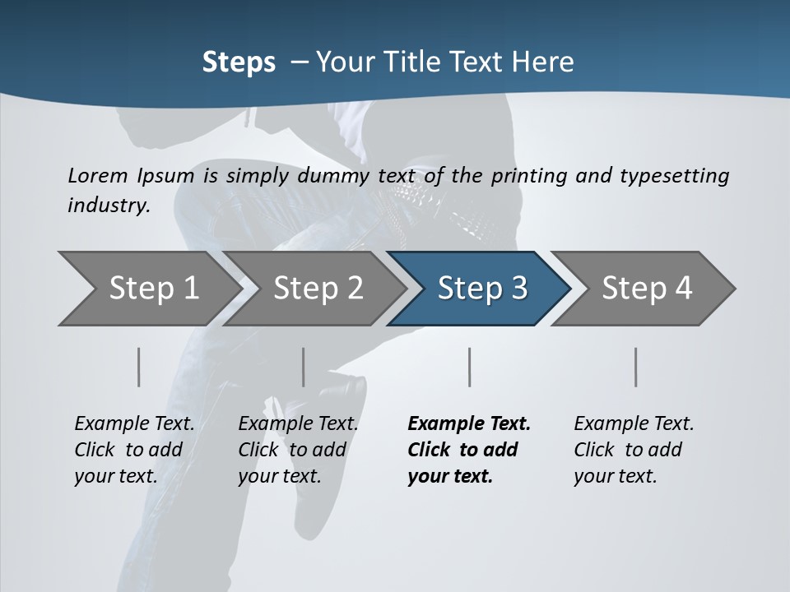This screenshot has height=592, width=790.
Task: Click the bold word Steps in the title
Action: click(x=239, y=62)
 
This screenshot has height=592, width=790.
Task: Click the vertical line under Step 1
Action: click(x=139, y=367)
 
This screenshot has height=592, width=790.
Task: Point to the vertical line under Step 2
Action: click(x=304, y=367)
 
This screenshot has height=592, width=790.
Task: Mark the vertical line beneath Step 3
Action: click(x=469, y=367)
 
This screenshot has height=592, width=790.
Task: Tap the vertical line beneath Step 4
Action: click(x=635, y=367)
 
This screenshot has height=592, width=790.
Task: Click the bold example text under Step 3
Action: click(x=468, y=450)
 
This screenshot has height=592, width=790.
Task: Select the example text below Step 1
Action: click(x=134, y=450)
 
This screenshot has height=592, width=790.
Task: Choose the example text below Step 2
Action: click(x=298, y=450)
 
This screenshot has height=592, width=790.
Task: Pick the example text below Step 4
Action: click(x=634, y=450)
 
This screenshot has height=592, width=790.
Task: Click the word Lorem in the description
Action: click(x=98, y=175)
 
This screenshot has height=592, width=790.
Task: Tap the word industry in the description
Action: click(x=108, y=206)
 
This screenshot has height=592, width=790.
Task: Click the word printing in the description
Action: click(x=529, y=176)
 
